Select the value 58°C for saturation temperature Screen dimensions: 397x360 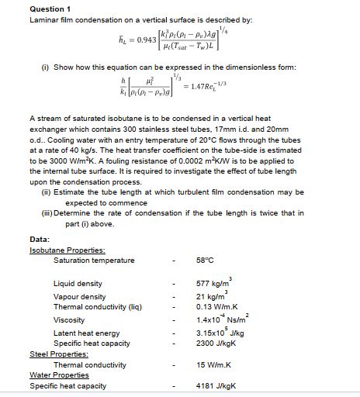[x=207, y=260]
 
